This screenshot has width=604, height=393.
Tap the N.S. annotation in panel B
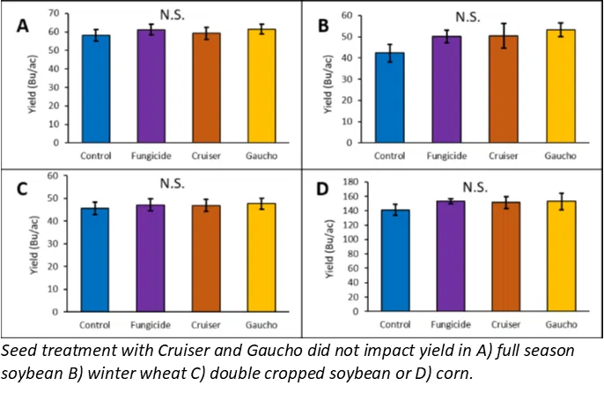[472, 17]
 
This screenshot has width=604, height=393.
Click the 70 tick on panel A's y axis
[54, 14]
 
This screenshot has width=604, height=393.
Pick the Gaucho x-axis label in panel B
[560, 156]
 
